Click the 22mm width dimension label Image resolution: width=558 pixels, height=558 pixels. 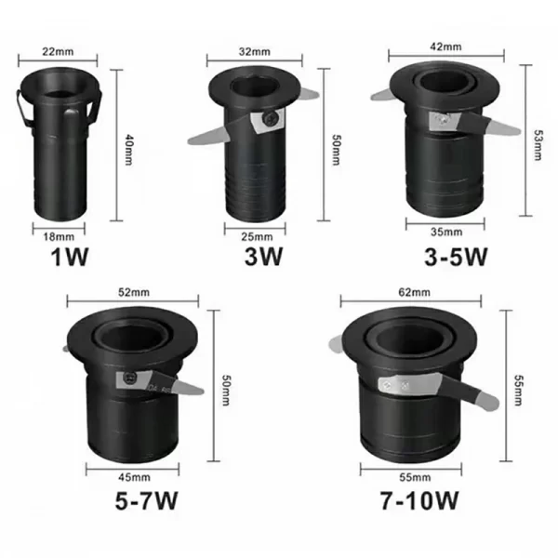point(58,51)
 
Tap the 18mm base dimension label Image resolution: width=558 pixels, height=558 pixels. point(59,236)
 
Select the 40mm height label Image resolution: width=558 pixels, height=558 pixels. point(128,150)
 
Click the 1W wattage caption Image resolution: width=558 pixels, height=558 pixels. point(70,257)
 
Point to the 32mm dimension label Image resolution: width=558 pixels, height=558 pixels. point(255,51)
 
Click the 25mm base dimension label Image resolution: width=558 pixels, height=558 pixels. point(257,236)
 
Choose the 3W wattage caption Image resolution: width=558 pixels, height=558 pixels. point(264,257)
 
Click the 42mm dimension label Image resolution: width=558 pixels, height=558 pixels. point(445,46)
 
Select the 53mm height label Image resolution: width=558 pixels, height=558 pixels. point(538,145)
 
